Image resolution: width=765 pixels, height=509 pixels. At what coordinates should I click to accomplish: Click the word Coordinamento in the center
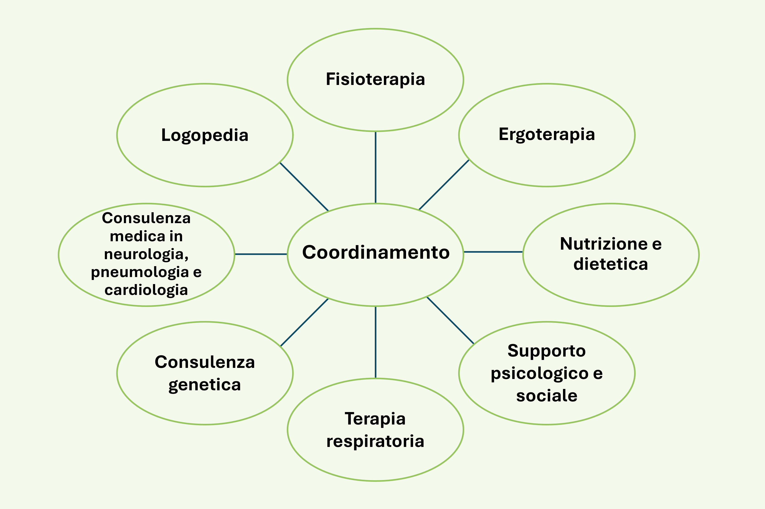point(375,253)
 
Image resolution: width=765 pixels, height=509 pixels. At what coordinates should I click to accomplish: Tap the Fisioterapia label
point(375,80)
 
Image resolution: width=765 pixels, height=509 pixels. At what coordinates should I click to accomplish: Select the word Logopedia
point(204,135)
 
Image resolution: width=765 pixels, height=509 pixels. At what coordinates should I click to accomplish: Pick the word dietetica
point(611,264)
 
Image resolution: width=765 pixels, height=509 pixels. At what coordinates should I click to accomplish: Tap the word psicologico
point(539,373)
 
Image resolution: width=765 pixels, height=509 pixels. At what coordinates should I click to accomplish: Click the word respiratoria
point(375,441)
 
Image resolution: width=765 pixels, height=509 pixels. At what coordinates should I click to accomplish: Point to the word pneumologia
point(140,272)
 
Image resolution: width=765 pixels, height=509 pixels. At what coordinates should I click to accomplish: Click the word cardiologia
point(146,290)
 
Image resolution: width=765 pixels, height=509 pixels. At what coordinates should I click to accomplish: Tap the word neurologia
point(146,254)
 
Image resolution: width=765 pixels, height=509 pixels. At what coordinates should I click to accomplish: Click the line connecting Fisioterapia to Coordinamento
point(375,167)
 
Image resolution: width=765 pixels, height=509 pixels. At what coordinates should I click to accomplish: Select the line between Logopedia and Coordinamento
point(304,187)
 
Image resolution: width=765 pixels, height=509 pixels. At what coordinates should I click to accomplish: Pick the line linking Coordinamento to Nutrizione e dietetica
point(493,252)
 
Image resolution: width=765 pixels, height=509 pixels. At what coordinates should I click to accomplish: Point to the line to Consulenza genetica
point(304,322)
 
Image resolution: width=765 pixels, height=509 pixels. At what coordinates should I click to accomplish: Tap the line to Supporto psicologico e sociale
point(450,320)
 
